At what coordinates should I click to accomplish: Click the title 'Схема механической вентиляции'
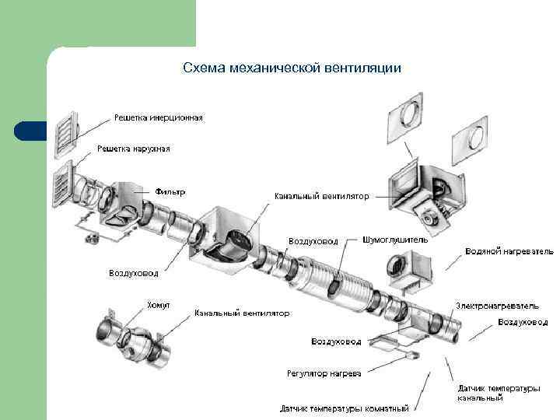292,68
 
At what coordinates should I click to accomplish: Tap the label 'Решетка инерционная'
159,117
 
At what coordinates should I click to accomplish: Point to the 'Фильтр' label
170,191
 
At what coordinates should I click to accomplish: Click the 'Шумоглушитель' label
394,240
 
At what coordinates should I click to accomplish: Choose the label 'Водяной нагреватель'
509,251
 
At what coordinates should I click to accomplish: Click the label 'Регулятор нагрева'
324,373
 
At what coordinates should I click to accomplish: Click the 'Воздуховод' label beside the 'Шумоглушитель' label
313,241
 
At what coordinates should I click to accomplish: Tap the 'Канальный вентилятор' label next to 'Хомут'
242,313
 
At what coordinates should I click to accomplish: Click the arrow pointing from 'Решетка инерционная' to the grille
95,125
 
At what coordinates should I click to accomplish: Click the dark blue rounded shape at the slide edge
31,131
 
